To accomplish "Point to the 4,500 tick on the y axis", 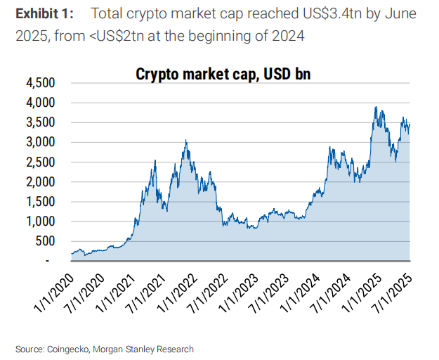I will [41, 83].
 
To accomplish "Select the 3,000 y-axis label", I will [41, 142].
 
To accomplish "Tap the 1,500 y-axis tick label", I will [41, 202].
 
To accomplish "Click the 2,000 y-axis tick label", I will [41, 182].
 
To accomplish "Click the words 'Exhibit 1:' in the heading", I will [44, 14].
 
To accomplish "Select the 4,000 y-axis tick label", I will [41, 103].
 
